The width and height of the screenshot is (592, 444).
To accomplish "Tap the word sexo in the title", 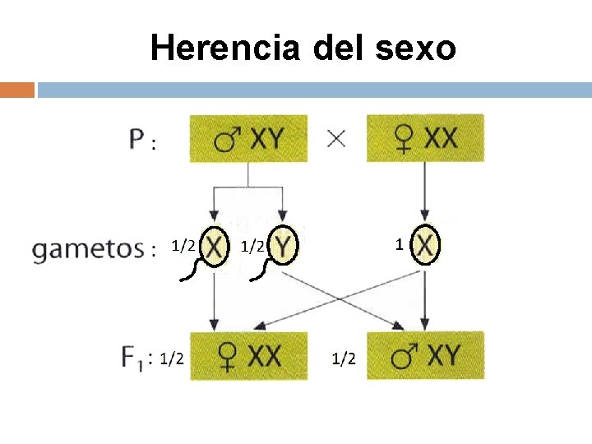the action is coord(415,49).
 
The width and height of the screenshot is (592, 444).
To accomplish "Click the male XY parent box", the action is coord(248,138).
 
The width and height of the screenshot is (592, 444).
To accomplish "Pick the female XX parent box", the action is coord(425,137).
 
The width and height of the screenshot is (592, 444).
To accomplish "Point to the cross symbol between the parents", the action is coord(335,138).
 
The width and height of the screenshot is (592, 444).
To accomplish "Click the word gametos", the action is coord(88,247).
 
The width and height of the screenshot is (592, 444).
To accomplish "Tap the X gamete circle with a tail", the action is coord(215,246).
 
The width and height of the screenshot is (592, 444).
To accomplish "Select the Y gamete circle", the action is coord(283,245).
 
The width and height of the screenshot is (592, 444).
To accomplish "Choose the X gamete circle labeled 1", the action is coord(425,245).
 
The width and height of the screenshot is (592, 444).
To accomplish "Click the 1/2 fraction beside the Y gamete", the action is coord(252,245).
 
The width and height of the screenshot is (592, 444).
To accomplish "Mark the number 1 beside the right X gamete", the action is coord(399,244).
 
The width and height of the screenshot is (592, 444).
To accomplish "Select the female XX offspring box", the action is coord(248,356).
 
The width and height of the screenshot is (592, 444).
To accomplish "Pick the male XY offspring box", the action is coord(425,356).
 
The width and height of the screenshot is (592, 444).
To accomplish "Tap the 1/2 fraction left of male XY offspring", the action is coord(344,358).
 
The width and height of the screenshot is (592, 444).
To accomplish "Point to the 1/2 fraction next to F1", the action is coord(172,358).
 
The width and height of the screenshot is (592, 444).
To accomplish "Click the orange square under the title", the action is coord(17,90).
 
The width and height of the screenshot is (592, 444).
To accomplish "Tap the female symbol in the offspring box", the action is coord(225,357).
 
